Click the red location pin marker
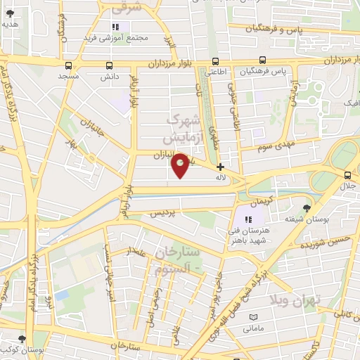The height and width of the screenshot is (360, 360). point(180,165)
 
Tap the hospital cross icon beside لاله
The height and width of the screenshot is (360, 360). point(221,167)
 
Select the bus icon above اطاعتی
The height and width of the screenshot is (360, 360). point(213,60)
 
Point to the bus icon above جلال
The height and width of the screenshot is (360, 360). point(347,175)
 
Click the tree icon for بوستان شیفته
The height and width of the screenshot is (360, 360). point(307,207)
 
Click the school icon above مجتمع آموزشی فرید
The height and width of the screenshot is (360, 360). point(115,27)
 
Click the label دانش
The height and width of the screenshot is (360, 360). point(109,75)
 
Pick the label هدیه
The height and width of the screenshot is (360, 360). point(10,23)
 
